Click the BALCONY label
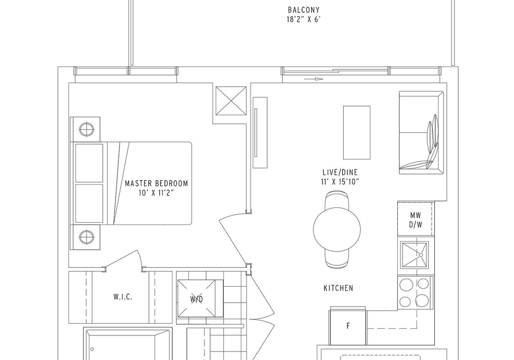(304, 10)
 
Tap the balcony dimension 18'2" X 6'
(304, 20)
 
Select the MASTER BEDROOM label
(156, 183)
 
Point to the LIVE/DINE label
(340, 172)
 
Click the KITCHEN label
(338, 288)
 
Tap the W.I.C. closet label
(123, 297)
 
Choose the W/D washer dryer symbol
(200, 298)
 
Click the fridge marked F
(348, 326)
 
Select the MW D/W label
(415, 220)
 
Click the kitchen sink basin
(414, 255)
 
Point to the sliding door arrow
(313, 79)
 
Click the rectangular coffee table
(357, 132)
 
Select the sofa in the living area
(421, 133)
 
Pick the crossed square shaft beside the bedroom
(231, 101)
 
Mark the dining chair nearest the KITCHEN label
(337, 258)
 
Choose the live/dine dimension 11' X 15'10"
(340, 182)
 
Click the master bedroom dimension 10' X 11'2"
(156, 193)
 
